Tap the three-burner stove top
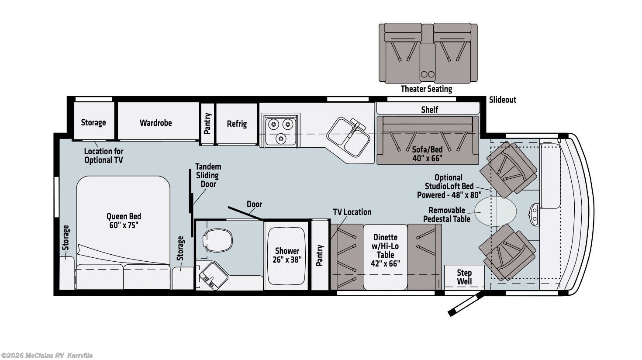coord(280,130)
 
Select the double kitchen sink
coord(349,136)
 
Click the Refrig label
coord(237,124)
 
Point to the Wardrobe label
coord(155,123)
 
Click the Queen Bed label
coord(124,221)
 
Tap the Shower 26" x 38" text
coord(287,255)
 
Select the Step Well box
coord(464,277)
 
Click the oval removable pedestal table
coord(495,211)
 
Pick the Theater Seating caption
coord(426,89)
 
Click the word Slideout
coord(502,100)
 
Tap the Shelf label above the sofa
coord(429,109)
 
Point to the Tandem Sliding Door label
coord(208,175)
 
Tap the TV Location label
coord(352,212)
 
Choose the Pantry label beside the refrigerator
coord(207,123)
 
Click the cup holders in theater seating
coord(428,74)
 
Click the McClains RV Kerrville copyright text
coord(47,356)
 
